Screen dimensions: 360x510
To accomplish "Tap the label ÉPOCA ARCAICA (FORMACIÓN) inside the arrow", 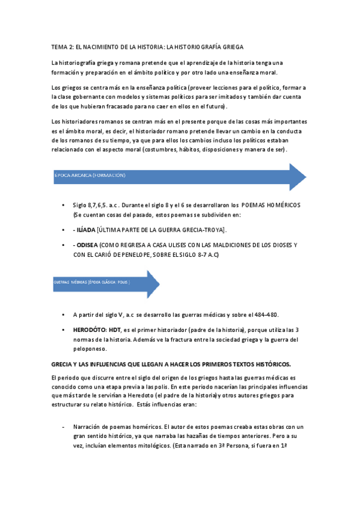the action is (90, 175).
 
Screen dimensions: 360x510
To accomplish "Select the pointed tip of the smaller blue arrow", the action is (159, 284).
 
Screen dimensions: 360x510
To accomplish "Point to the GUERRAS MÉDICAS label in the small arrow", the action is (69, 282).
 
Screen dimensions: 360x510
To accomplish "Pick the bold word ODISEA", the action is (86, 245).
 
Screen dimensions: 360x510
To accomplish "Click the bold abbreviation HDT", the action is (114, 330).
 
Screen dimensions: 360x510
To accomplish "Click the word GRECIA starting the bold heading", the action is (62, 364).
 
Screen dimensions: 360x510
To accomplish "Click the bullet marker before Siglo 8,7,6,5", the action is (63, 205).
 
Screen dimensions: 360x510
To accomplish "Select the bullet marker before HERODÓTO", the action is (63, 330).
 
